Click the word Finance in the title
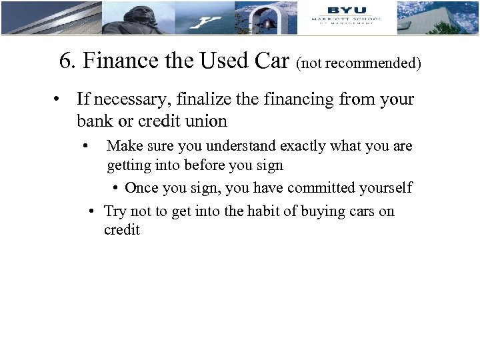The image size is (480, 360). pyautogui.click(x=116, y=61)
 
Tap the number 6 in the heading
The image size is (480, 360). pyautogui.click(x=65, y=61)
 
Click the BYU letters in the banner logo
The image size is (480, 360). pyautogui.click(x=346, y=9)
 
